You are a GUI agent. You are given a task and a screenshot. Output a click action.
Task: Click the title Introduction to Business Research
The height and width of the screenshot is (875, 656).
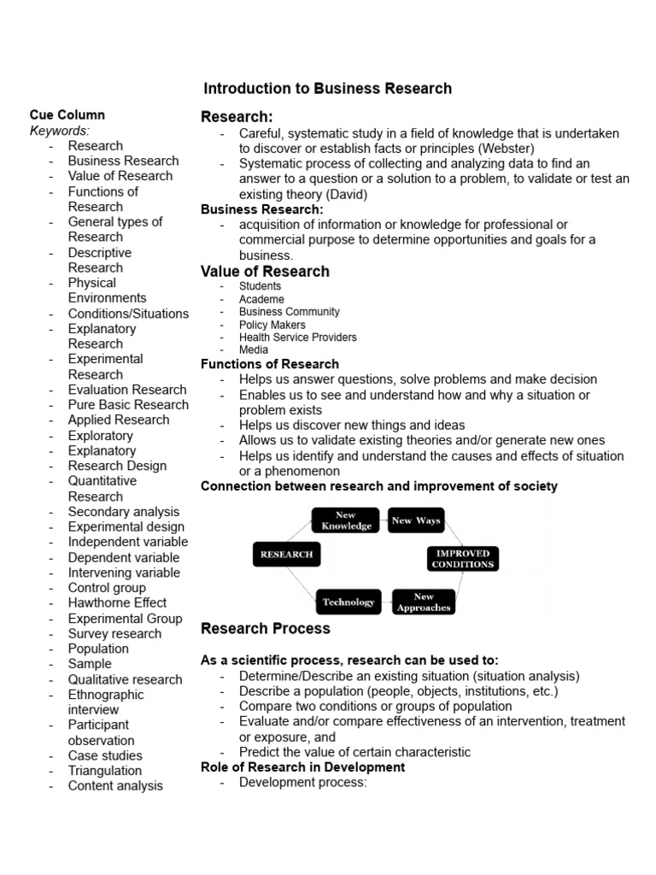click(x=327, y=89)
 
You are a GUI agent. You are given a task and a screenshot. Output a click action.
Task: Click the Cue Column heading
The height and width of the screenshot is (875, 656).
click(x=67, y=115)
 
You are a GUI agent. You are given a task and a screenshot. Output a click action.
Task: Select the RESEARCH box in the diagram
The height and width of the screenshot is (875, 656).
click(x=286, y=555)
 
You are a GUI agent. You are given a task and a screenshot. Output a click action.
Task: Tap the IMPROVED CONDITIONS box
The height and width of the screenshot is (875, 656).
click(x=462, y=559)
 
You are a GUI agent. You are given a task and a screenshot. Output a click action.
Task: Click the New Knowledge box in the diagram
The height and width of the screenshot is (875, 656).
click(x=346, y=520)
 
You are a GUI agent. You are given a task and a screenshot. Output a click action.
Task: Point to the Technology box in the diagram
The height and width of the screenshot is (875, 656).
click(x=348, y=602)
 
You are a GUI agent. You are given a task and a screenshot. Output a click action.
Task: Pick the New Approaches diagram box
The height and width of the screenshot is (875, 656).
click(x=424, y=602)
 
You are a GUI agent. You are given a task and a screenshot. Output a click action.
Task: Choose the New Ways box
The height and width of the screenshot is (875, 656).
click(x=416, y=520)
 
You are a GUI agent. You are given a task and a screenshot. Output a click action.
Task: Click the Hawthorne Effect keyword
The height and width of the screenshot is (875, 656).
click(x=117, y=603)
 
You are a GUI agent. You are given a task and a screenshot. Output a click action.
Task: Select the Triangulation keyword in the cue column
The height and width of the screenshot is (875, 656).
click(x=105, y=771)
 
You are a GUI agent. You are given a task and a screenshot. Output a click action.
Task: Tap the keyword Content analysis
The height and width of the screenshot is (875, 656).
click(x=115, y=786)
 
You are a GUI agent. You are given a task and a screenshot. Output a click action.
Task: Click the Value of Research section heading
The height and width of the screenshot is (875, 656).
click(x=265, y=272)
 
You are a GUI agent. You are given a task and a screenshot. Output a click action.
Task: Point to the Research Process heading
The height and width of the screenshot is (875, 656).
click(x=265, y=629)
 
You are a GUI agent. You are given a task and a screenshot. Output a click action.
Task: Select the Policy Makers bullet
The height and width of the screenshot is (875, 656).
click(x=272, y=325)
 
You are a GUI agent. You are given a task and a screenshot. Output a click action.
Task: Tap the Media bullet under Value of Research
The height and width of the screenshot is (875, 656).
click(x=254, y=349)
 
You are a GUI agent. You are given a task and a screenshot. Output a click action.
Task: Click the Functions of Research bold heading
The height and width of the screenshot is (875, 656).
click(x=269, y=364)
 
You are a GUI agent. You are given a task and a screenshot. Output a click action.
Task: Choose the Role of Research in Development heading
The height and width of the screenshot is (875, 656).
click(x=302, y=767)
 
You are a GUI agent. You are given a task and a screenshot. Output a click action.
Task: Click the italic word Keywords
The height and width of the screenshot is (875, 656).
click(x=59, y=131)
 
